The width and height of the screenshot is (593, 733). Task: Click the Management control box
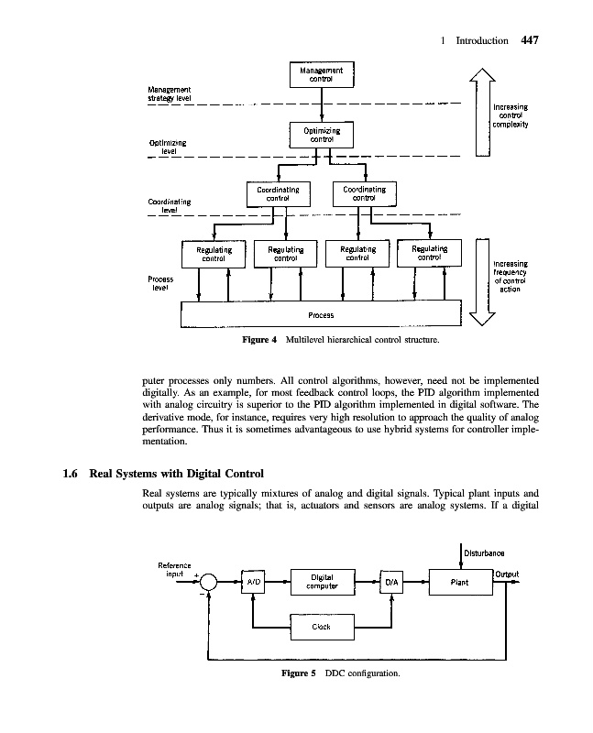pyautogui.click(x=321, y=74)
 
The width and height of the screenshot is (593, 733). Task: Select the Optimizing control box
pyautogui.click(x=321, y=136)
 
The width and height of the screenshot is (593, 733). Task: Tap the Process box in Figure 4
pyautogui.click(x=321, y=315)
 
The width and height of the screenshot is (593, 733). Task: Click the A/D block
pyautogui.click(x=252, y=582)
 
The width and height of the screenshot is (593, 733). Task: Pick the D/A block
pyautogui.click(x=391, y=582)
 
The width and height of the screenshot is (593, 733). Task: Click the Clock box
pyautogui.click(x=321, y=628)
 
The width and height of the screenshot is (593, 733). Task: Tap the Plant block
pyautogui.click(x=460, y=581)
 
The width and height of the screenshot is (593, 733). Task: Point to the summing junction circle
pyautogui.click(x=210, y=582)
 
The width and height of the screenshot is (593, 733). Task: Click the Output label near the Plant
pyautogui.click(x=507, y=574)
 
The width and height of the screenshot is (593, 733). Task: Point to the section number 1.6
pyautogui.click(x=70, y=474)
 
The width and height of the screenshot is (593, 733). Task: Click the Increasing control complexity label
pyautogui.click(x=512, y=115)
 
